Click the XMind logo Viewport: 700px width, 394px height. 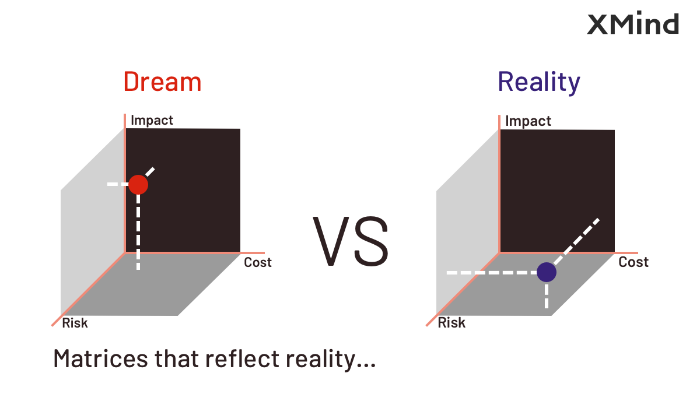pos(633,23)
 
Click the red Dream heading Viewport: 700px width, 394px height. pos(163,82)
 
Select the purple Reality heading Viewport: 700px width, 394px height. pos(539,82)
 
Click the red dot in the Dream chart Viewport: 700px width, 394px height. pos(138,185)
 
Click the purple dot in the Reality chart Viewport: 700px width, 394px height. pos(547,272)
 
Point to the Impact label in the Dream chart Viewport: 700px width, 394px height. pos(152,120)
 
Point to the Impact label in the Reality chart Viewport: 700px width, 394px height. pos(528,121)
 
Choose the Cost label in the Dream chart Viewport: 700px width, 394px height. pos(257,262)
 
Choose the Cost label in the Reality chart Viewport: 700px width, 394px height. pos(633,262)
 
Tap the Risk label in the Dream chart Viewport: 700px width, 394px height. pos(75,323)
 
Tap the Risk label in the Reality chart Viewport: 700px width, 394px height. pos(452,323)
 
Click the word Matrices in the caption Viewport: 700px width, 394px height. pos(100,358)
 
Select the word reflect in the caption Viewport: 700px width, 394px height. pos(242,358)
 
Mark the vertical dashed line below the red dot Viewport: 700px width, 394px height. pos(138,232)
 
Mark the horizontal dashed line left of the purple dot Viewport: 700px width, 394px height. pos(492,273)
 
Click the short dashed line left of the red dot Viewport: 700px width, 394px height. pos(118,184)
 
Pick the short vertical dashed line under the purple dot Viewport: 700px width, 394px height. pos(547,295)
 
